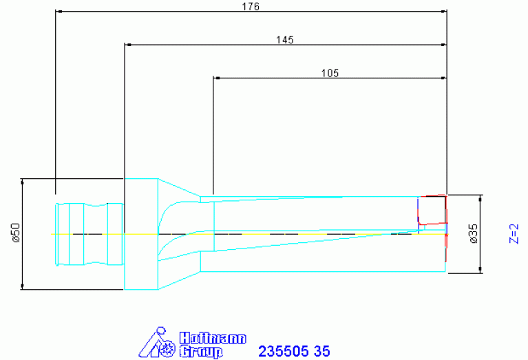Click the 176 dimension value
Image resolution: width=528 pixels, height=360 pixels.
(251, 6)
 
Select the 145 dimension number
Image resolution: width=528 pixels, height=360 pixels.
(285, 40)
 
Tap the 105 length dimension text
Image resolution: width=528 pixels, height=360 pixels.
(330, 73)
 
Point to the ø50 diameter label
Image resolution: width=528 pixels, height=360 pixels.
(16, 233)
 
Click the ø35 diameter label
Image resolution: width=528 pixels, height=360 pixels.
(473, 233)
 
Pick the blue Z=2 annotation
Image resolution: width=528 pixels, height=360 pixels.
(514, 234)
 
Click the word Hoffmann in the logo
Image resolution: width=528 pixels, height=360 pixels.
(213, 339)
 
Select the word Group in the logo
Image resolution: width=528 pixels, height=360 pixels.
(201, 352)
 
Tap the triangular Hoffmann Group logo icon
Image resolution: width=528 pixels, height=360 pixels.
(157, 342)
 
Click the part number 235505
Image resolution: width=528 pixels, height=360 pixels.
(283, 351)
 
